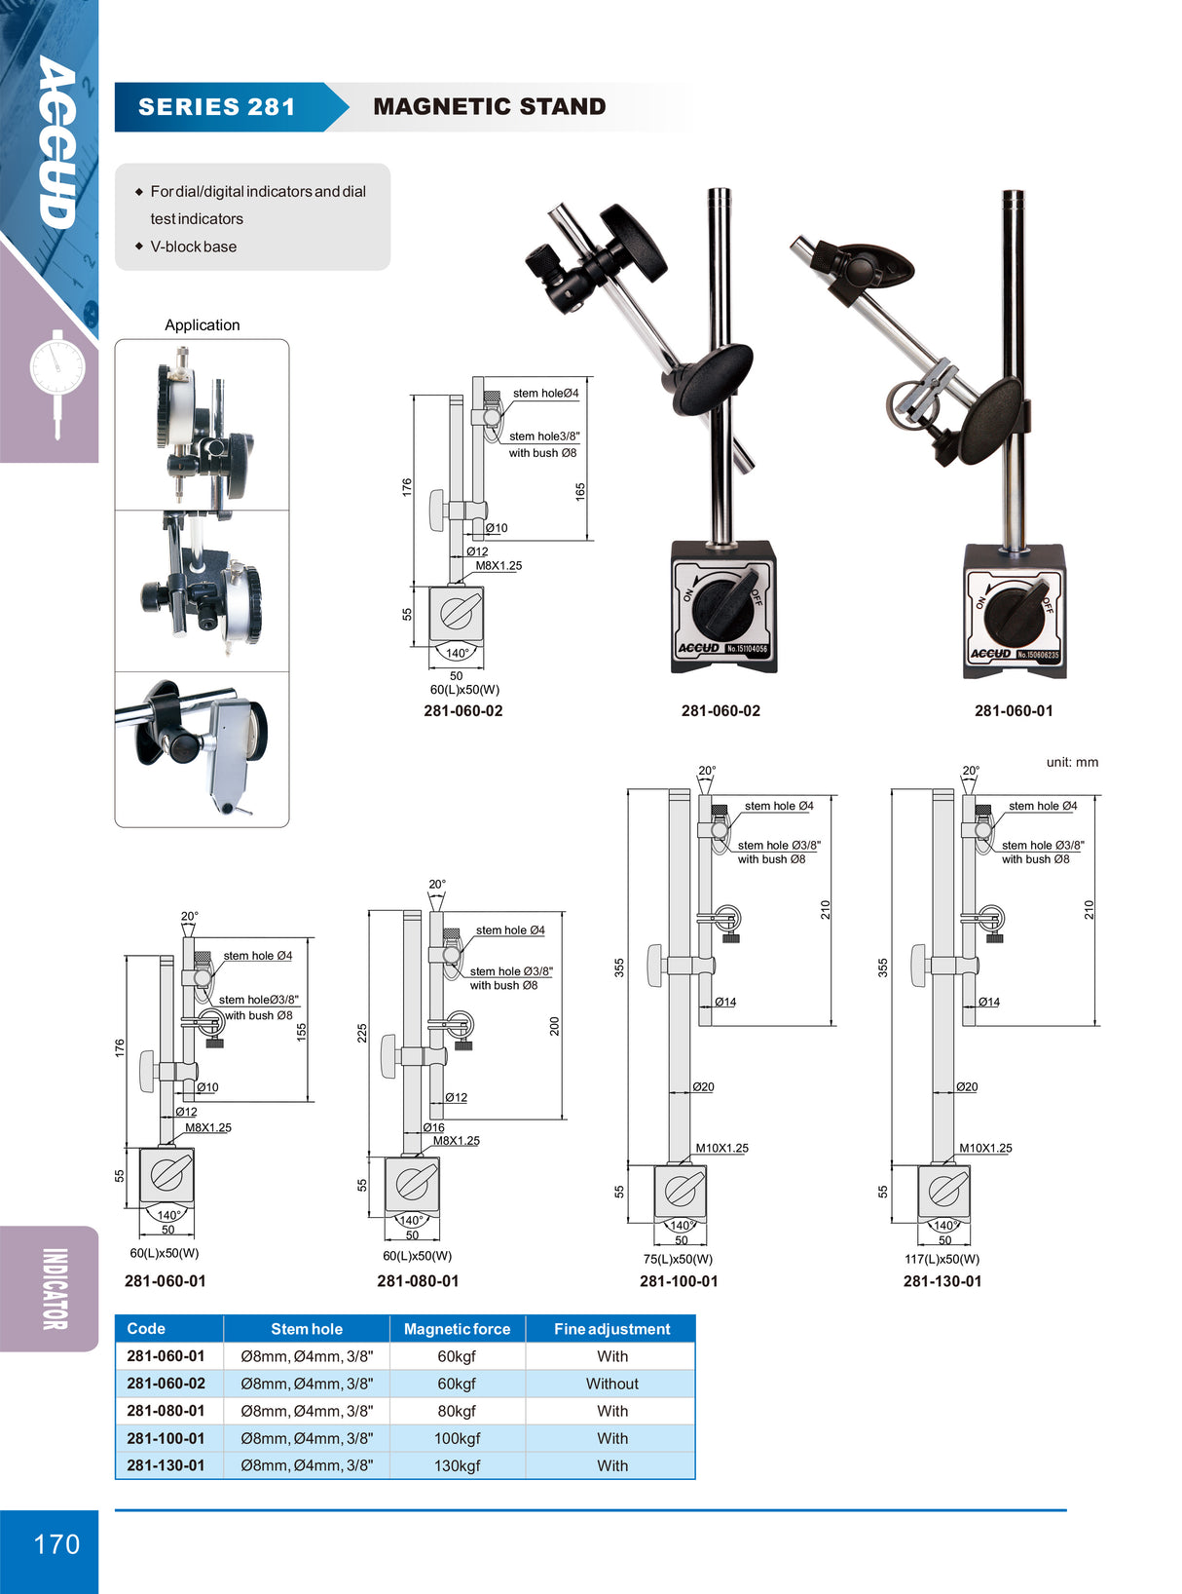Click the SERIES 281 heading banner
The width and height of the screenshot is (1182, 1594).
217,107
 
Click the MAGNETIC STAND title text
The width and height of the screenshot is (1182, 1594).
489,107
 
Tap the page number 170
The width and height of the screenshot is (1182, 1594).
56,1544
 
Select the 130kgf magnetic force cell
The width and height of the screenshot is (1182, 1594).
457,1465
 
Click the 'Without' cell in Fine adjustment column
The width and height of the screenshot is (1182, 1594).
611,1384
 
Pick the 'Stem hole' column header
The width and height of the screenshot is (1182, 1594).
307,1329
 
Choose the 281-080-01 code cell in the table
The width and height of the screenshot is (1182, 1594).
166,1411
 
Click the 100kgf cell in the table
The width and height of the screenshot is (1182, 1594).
457,1438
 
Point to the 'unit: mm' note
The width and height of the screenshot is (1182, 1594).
1072,762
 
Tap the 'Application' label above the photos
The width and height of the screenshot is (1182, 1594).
202,325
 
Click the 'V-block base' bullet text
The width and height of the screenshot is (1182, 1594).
193,247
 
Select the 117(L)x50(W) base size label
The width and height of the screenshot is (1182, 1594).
942,1259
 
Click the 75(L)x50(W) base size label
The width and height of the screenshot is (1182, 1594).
678,1259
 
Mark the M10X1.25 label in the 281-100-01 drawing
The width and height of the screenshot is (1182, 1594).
721,1148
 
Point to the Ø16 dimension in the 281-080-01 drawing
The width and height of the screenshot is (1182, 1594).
433,1127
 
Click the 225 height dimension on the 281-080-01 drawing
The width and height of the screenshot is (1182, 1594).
362,1033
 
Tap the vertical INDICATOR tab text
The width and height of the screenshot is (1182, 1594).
55,1288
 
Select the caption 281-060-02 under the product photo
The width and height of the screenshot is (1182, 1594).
720,711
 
